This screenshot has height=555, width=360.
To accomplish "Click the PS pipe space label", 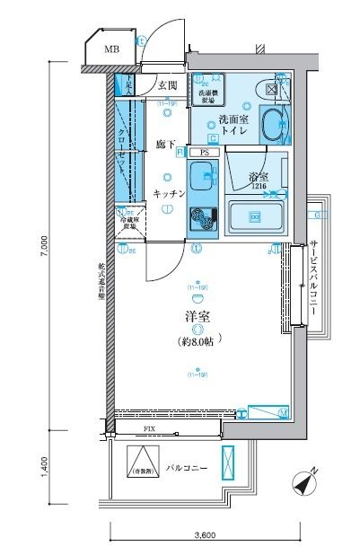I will coord(205,153).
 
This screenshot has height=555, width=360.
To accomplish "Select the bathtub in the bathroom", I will coord(254,216).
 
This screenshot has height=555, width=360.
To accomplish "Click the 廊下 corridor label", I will coord(164,144).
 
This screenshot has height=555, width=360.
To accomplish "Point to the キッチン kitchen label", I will coord(169,193).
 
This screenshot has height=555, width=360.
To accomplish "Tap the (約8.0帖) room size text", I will coord(196,342).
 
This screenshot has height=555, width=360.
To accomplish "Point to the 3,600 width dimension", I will coord(206,535).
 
